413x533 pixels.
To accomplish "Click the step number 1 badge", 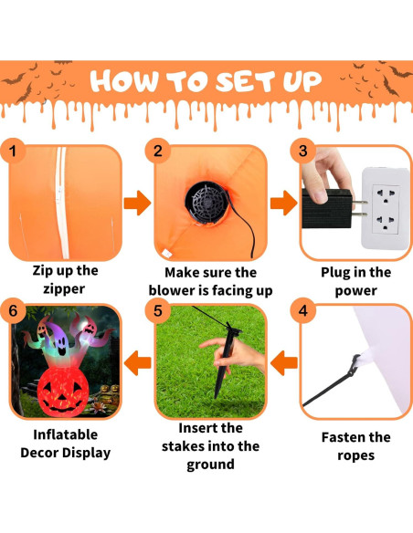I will click(x=13, y=151).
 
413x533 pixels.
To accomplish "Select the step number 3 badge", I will click(x=305, y=151).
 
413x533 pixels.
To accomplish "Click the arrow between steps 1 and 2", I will click(x=136, y=204).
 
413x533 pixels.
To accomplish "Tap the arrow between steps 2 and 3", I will click(x=280, y=204).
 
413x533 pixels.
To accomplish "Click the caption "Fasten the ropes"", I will click(x=355, y=445).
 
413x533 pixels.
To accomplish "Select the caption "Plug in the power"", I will click(x=355, y=281).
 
